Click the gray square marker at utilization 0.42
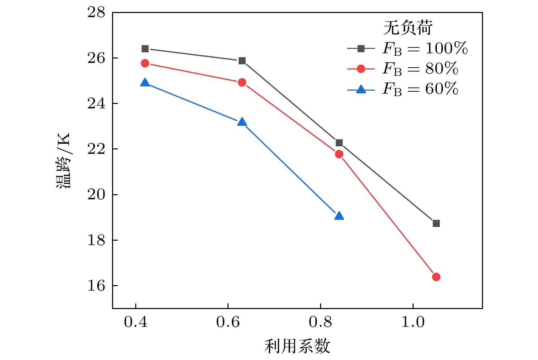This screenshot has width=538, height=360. (145, 49)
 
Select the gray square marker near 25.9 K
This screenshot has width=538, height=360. (242, 61)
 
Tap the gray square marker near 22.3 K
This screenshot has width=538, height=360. (339, 143)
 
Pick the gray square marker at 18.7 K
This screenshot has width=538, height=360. (436, 224)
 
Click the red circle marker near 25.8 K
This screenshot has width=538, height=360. (145, 63)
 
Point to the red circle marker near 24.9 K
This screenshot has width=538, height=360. (242, 82)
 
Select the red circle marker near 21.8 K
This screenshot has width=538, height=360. (339, 154)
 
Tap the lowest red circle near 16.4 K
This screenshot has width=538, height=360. (436, 277)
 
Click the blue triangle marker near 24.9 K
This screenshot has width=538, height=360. (145, 83)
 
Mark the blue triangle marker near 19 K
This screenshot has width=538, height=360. (339, 216)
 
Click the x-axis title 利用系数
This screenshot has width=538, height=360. (297, 346)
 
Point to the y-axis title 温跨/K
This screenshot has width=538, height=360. (63, 160)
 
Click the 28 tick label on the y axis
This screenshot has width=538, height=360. (96, 13)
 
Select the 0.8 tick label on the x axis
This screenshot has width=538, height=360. (320, 322)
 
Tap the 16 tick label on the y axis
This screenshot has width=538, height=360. (96, 286)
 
